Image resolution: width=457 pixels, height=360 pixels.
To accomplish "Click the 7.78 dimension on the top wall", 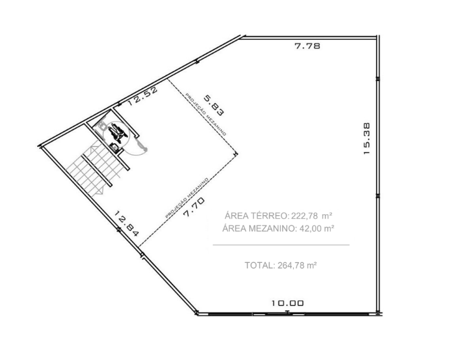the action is pos(308,45).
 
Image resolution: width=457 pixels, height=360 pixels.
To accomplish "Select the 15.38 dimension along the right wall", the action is pos(367,138).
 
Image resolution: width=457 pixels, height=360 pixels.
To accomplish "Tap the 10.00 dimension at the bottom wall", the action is pos(288,303).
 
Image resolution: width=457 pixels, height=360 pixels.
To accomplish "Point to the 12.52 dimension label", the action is pos(142,96).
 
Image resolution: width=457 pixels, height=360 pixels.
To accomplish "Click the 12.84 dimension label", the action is pos(126,224).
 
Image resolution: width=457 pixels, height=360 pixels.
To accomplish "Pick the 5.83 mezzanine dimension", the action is pos(214,105).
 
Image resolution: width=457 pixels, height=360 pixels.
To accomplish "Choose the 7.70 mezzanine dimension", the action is pos(194,207).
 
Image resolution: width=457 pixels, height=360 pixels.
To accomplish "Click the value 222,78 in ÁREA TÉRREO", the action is pos(304,216).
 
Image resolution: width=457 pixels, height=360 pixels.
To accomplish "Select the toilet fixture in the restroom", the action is pos(102,126).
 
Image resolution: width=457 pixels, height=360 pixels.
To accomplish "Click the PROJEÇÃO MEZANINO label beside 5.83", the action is pos(205,114).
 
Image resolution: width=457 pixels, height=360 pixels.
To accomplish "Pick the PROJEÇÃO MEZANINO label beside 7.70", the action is pos(187,198).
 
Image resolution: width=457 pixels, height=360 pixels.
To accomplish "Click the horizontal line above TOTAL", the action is pos(281,245).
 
